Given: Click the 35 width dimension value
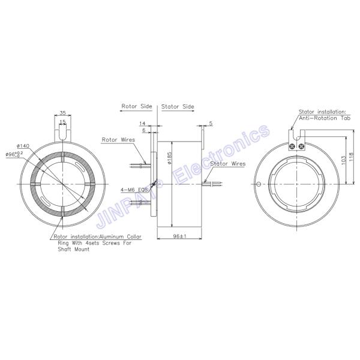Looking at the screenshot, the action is pos(62,113).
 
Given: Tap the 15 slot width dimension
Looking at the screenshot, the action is pos(62,121).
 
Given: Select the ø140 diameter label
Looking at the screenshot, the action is pos(23,146).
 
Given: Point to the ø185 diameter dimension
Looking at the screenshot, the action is pos(170,158).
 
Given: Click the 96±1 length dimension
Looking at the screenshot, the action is pos(180,236).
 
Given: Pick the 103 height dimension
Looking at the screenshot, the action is pos(344,160).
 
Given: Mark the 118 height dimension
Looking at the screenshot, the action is pos(352,157).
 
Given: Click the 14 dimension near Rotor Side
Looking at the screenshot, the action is pos(142,124).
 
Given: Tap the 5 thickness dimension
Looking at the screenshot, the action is pos(211,123).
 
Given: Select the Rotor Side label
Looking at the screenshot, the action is pos(137,106).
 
